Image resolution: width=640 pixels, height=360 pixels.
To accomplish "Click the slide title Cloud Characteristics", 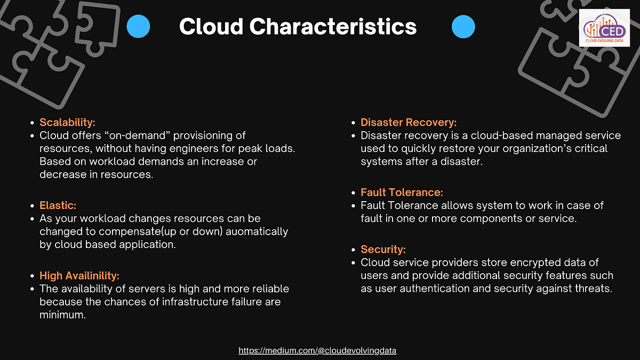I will point(298,26).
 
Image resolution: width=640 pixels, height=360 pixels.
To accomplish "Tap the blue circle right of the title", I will point(463,26).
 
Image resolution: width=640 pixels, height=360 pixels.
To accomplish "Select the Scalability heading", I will point(67,123).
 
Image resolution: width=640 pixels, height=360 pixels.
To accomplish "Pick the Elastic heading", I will point(57,205).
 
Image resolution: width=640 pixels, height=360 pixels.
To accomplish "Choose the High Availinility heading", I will point(79,276).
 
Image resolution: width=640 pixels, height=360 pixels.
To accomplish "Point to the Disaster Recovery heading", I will point(409,123).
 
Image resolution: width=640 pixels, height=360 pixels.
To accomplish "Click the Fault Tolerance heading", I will point(402,192).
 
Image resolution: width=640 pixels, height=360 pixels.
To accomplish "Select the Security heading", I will point(383,249).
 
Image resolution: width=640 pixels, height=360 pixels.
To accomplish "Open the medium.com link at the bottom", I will point(317,350).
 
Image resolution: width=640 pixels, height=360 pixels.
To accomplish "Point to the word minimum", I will point(62,315).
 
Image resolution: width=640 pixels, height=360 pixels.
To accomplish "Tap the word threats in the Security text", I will point(593,289).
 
